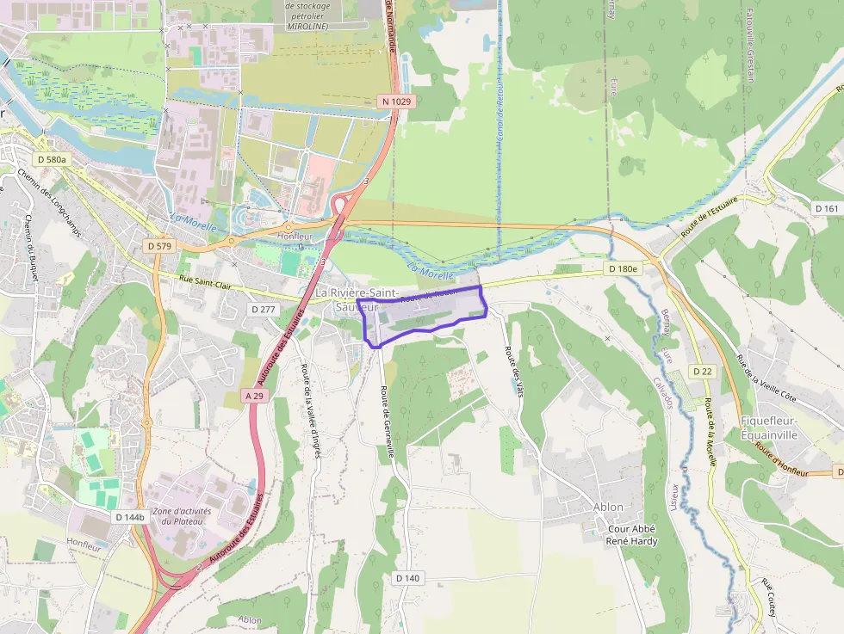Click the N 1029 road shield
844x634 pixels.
tap(396, 102)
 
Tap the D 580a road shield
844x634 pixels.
tap(53, 159)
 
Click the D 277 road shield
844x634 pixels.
tap(264, 308)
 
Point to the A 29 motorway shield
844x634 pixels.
tap(253, 396)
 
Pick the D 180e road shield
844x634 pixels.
tap(623, 269)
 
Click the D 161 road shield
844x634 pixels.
tap(826, 209)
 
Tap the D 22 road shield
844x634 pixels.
tap(702, 372)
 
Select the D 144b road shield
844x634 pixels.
tap(129, 517)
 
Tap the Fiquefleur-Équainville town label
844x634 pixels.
tap(780, 427)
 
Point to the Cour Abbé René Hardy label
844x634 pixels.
tap(632, 535)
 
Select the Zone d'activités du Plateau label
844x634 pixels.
tap(182, 516)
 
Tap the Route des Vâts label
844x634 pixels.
tap(513, 371)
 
